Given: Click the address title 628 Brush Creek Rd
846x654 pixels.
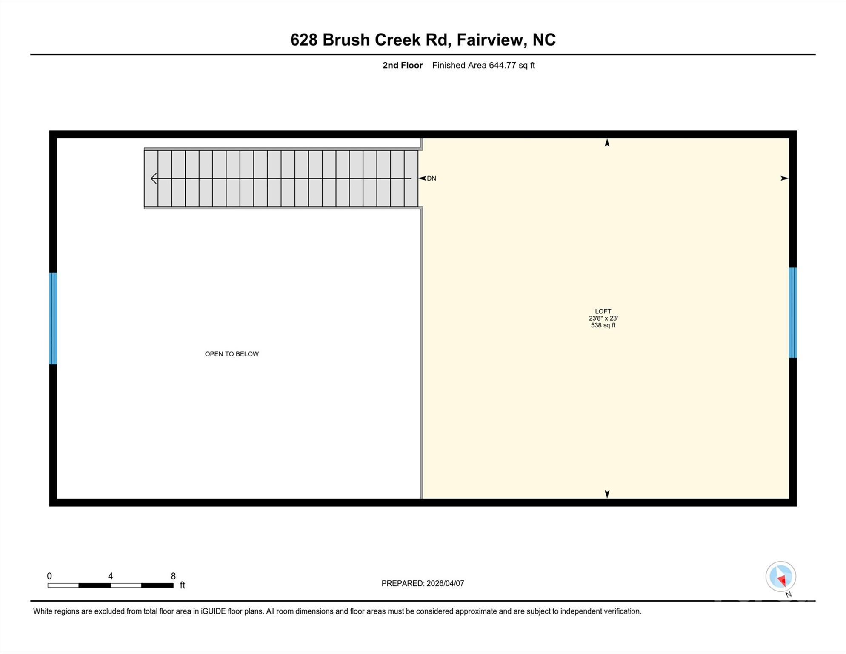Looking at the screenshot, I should click(x=423, y=40).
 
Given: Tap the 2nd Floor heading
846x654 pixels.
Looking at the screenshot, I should click(x=402, y=65).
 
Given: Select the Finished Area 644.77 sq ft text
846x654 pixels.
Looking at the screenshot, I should click(x=483, y=65).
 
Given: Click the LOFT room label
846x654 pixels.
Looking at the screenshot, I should click(x=603, y=311).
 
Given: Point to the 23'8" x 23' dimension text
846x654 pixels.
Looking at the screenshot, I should click(x=603, y=318).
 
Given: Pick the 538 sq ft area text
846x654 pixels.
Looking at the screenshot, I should click(x=603, y=325).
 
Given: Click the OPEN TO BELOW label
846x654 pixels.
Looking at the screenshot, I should click(x=232, y=354).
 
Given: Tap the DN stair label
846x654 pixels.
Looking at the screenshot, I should click(x=431, y=178).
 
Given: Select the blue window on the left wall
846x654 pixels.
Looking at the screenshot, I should click(x=53, y=318).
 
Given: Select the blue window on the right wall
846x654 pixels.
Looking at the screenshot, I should click(x=792, y=313).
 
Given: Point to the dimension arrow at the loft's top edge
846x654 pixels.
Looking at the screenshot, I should click(x=607, y=143).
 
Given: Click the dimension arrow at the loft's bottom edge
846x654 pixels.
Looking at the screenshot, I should click(x=607, y=494).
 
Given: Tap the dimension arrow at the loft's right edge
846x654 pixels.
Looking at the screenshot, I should click(x=784, y=178).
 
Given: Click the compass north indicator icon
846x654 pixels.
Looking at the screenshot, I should click(x=780, y=577).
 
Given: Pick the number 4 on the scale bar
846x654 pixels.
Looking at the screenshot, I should click(x=110, y=576).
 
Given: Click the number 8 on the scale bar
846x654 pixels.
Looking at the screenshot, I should click(x=173, y=576).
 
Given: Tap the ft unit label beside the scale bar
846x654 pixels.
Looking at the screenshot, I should click(x=183, y=585).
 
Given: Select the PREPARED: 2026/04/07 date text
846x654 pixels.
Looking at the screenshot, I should click(x=423, y=583).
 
